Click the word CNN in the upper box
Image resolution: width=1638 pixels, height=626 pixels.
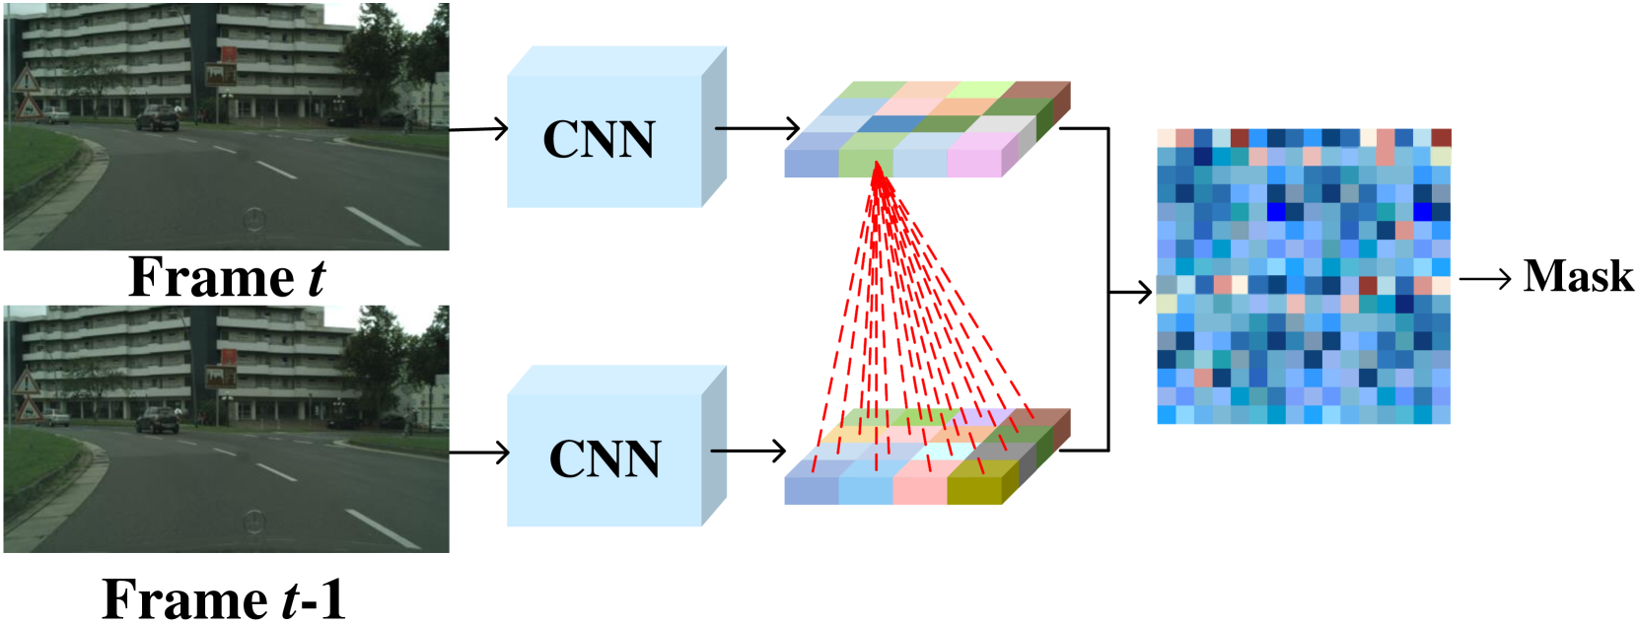[599, 140]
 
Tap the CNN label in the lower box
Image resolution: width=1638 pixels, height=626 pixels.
[605, 459]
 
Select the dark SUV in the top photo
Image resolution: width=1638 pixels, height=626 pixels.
[157, 118]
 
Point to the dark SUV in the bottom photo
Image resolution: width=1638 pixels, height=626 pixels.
[157, 420]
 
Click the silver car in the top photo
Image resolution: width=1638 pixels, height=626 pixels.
[54, 116]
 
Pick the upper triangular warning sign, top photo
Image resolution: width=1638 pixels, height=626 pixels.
[25, 80]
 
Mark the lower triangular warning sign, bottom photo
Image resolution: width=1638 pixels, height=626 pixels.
[28, 407]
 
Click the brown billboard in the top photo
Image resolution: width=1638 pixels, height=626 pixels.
[221, 75]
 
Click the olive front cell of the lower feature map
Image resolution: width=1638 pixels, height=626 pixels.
[974, 483]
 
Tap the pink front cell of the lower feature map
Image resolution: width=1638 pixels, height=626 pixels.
[919, 483]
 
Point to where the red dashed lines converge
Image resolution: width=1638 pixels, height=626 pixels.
[881, 181]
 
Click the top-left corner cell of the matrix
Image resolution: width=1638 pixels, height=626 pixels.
[1166, 138]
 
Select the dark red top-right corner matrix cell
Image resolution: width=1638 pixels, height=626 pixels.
[1441, 138]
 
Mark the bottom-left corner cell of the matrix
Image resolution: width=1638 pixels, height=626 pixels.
[1166, 415]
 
